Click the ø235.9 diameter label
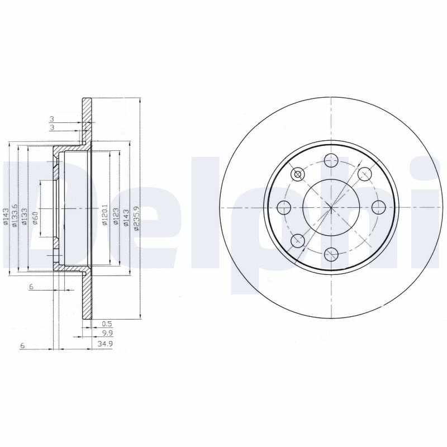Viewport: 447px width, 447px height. point(136,218)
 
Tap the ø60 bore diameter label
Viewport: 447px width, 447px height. point(35,218)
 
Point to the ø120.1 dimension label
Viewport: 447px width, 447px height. point(104,215)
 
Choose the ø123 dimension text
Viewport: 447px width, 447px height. point(116,217)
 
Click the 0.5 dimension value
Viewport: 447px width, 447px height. point(107,324)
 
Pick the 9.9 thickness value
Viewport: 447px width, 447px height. point(107,333)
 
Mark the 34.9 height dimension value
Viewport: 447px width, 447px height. point(105,344)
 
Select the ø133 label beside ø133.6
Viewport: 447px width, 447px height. point(25,217)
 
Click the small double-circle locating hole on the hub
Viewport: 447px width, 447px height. point(297,174)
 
